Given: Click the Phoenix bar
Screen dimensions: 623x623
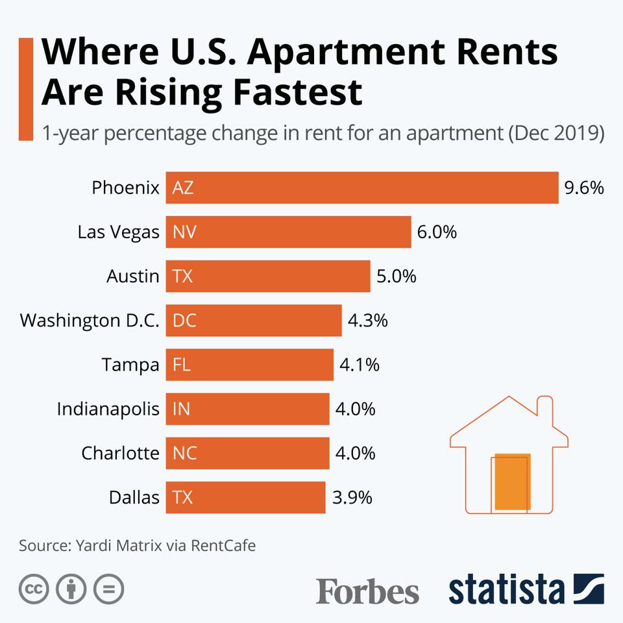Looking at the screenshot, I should [x=362, y=188].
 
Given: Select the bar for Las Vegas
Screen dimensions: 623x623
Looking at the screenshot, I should [x=288, y=232].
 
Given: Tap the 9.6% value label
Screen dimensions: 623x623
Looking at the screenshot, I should [x=584, y=188].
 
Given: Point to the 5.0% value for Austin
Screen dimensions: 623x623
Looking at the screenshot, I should [x=396, y=276].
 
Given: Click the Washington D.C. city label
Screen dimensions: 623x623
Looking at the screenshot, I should [x=90, y=321].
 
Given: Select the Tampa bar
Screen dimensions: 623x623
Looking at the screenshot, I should [x=250, y=365].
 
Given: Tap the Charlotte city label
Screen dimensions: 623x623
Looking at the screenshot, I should [x=120, y=453].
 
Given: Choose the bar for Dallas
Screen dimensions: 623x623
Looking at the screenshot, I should [x=245, y=498].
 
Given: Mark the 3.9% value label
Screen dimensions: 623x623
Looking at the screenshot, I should [x=352, y=498].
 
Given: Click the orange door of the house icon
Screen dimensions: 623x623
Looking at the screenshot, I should [x=512, y=482].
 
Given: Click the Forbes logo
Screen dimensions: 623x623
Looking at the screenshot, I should [x=367, y=591].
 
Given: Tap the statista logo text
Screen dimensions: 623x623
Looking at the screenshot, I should [x=506, y=589].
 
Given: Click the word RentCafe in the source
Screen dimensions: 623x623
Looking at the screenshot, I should [x=223, y=545].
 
